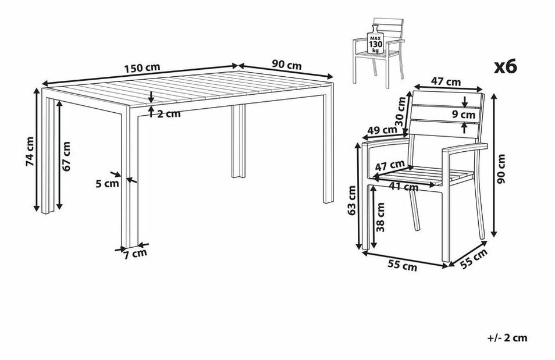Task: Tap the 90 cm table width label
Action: click(x=287, y=65)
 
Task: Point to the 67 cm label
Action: click(x=66, y=156)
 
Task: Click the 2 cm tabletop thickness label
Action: click(x=169, y=114)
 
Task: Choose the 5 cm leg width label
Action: click(x=107, y=183)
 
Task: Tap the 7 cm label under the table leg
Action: click(x=135, y=254)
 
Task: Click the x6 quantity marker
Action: click(x=506, y=66)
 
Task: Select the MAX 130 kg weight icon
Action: click(x=376, y=40)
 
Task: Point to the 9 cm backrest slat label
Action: click(x=464, y=115)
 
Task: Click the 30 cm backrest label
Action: click(x=400, y=112)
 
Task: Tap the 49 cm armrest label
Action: click(x=382, y=130)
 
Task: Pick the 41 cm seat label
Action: click(x=404, y=186)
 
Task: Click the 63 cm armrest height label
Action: click(x=352, y=200)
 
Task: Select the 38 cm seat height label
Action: click(x=381, y=217)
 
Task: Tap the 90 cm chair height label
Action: click(x=501, y=169)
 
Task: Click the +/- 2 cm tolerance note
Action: click(x=507, y=338)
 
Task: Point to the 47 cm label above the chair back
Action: click(x=446, y=82)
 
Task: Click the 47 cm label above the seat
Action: click(x=390, y=165)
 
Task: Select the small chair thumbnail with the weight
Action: click(x=378, y=52)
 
